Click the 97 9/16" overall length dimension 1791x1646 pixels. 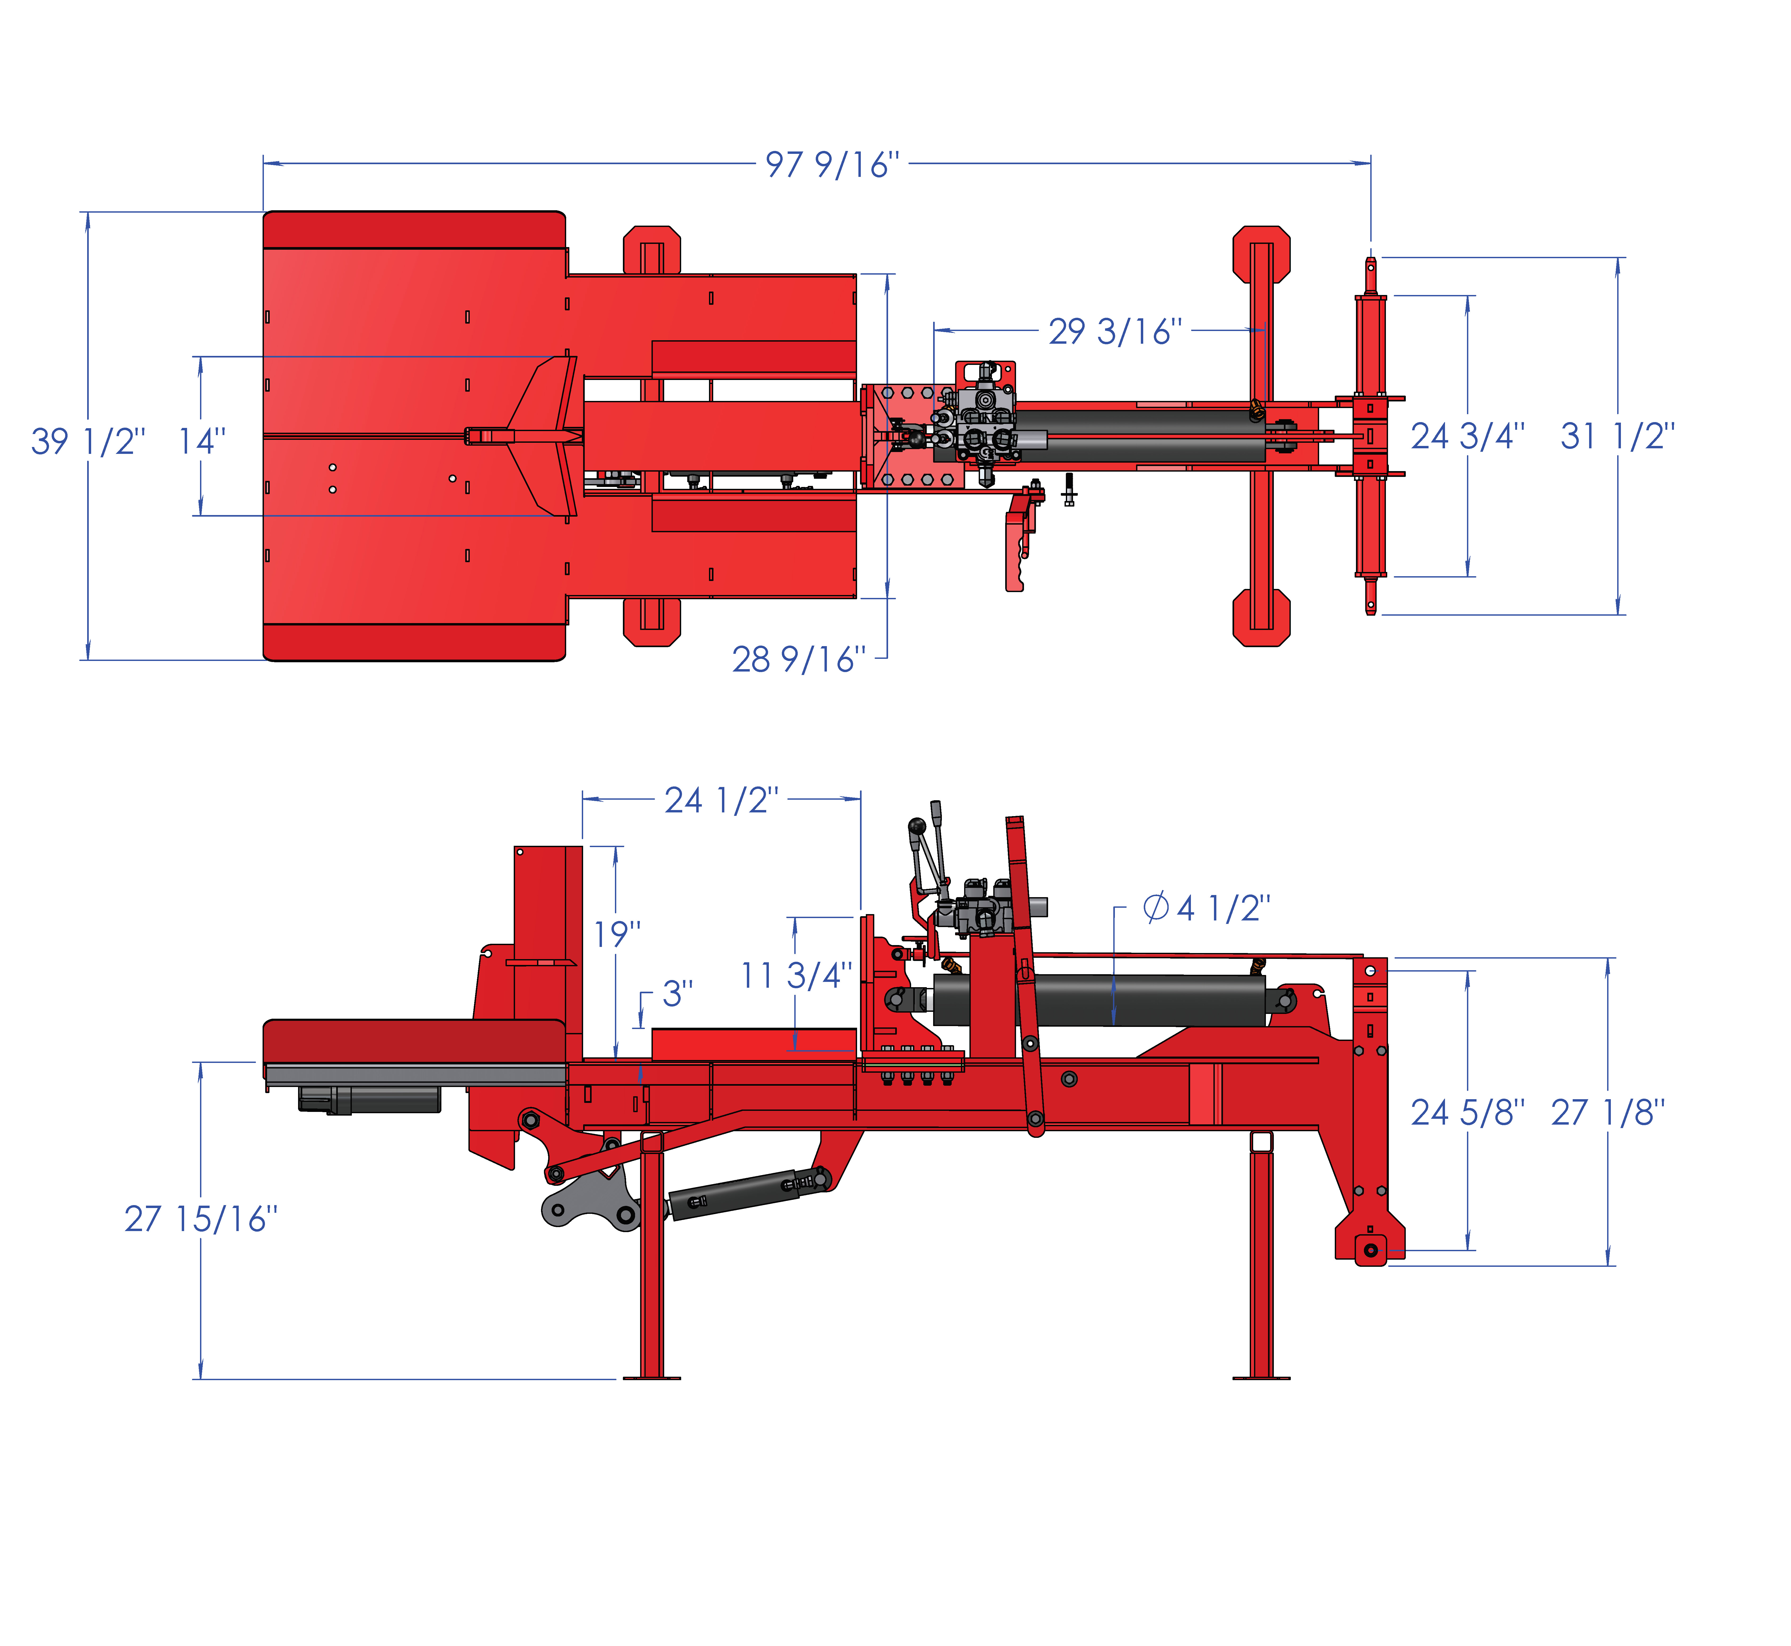[832, 165]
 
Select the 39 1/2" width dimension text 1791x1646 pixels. [88, 441]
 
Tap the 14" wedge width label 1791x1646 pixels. [202, 441]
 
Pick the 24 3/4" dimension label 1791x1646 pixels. [1468, 436]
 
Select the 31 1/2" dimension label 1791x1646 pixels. [1617, 436]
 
